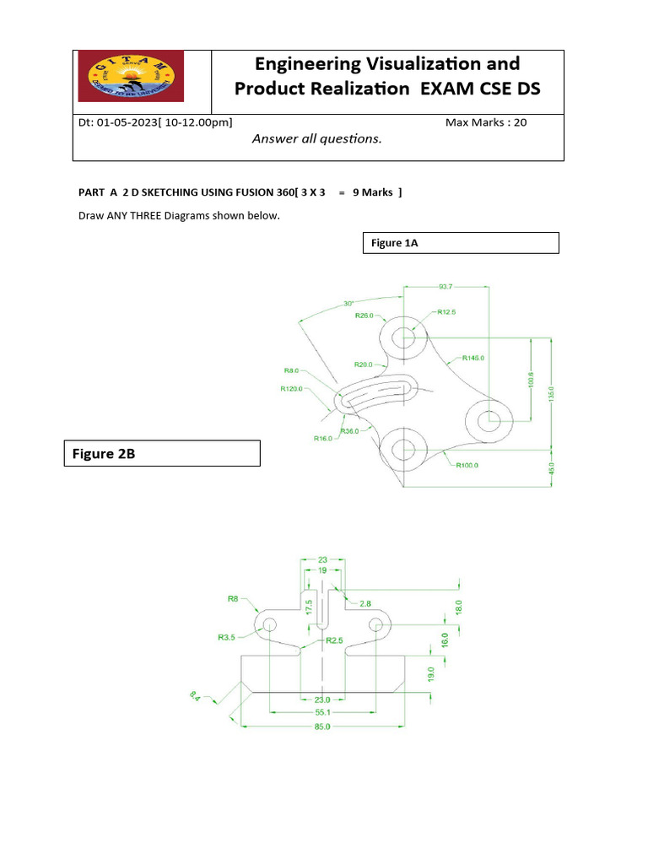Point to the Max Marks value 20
coord(520,122)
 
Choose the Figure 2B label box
coord(162,453)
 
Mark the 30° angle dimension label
coord(348,304)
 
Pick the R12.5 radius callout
coord(446,312)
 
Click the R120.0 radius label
coord(292,389)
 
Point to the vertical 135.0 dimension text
coord(552,395)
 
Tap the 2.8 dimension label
coord(364,603)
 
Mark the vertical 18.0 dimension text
coord(459,607)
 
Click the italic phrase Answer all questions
coord(317,139)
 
